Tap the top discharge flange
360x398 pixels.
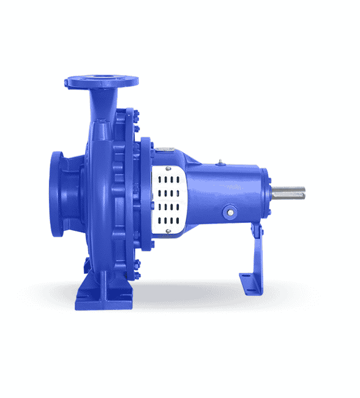102,80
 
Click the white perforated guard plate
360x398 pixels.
169,198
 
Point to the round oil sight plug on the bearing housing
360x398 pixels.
230,212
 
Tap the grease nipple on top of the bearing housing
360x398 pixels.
218,163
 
